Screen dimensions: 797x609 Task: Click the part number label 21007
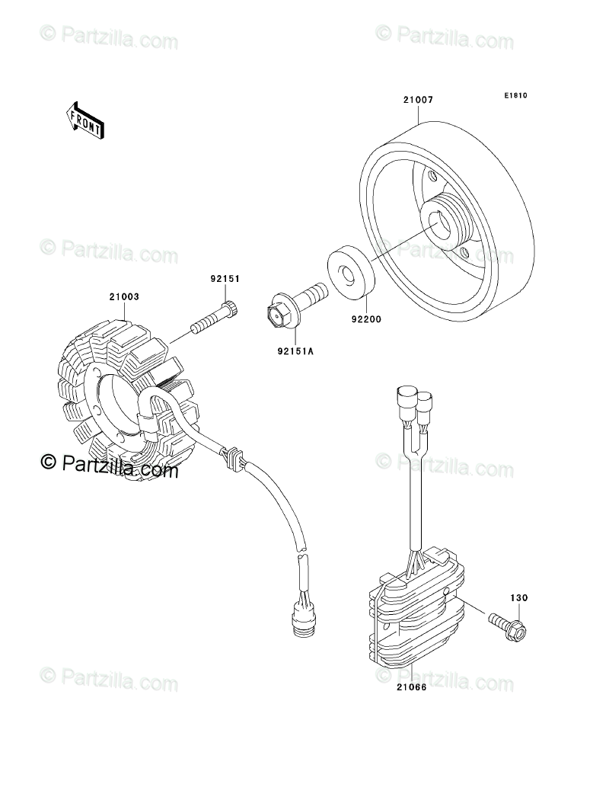[x=418, y=100]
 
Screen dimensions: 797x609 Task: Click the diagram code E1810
[x=515, y=97]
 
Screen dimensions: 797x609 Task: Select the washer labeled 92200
[x=352, y=271]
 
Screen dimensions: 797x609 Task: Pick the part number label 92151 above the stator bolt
[x=225, y=279]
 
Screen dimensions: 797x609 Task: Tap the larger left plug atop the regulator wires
[x=404, y=398]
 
